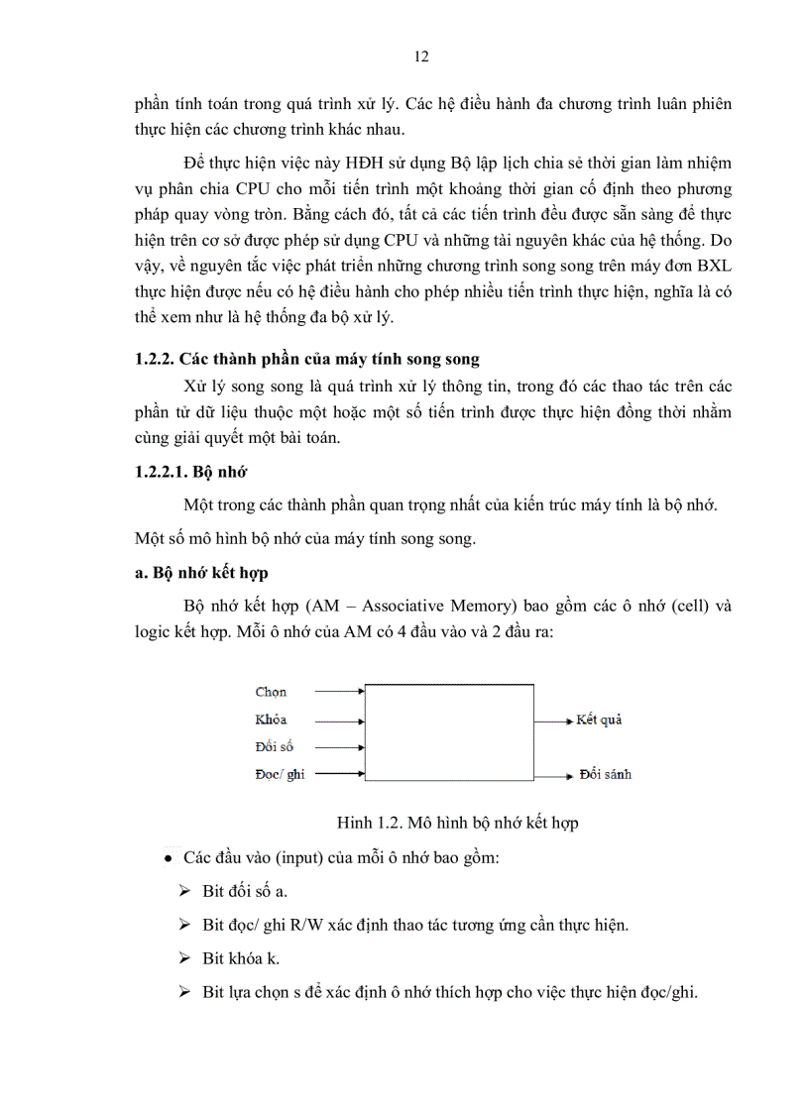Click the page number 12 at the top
pyautogui.click(x=420, y=56)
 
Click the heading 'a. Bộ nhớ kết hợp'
pyautogui.click(x=201, y=573)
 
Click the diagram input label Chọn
pyautogui.click(x=271, y=692)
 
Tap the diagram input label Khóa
pyautogui.click(x=271, y=720)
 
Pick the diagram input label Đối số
pyautogui.click(x=274, y=747)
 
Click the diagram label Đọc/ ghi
pyautogui.click(x=280, y=774)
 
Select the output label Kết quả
pyautogui.click(x=599, y=720)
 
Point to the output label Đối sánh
pyautogui.click(x=605, y=774)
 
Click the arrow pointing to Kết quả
pyautogui.click(x=553, y=720)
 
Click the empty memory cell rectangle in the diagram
pyautogui.click(x=449, y=732)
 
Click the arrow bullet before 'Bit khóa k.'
pyautogui.click(x=184, y=957)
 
